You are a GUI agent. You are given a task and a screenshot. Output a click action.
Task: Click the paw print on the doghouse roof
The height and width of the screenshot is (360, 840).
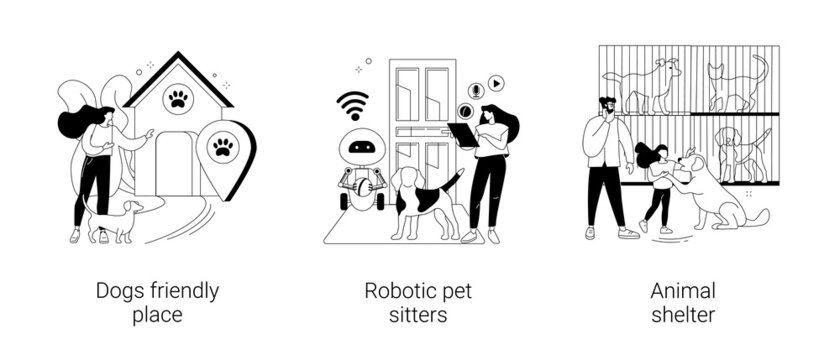pyautogui.click(x=178, y=98)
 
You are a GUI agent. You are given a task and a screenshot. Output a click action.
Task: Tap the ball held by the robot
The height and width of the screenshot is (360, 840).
pyautogui.click(x=359, y=185)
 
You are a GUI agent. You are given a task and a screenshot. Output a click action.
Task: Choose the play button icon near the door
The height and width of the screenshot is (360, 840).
pyautogui.click(x=496, y=84)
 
